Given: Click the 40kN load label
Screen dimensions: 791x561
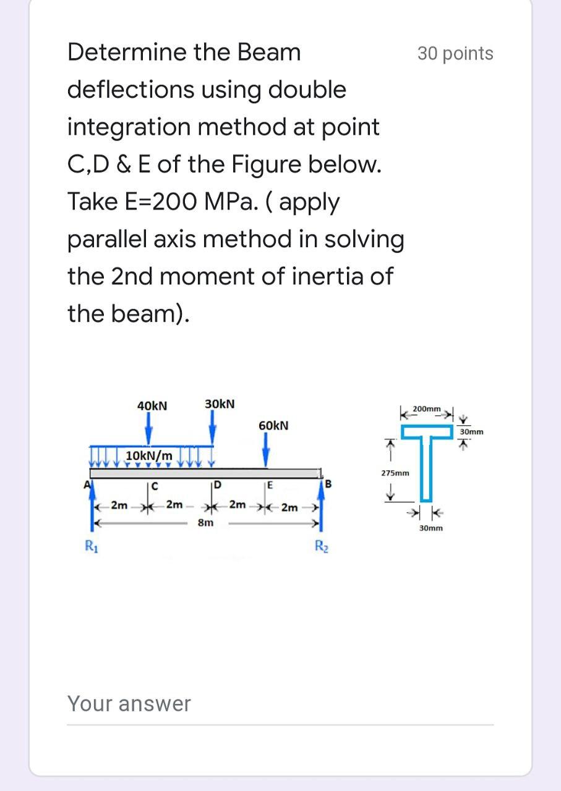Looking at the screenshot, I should (152, 405).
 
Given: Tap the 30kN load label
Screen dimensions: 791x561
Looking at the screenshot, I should (220, 404).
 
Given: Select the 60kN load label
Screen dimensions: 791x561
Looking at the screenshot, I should (273, 426).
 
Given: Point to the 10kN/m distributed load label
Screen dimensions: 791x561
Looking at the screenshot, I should (149, 456).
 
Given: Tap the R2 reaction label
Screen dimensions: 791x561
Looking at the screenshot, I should (320, 546).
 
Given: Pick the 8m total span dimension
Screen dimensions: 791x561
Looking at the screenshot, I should (206, 523).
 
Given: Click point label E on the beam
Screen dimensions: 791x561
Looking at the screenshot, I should (270, 484).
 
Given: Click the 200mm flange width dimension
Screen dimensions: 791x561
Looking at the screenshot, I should (427, 409).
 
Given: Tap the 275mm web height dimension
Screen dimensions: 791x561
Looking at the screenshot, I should (394, 473).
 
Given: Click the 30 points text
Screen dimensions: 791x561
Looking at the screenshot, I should (455, 54).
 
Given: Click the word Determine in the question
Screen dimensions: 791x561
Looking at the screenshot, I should (127, 53).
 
